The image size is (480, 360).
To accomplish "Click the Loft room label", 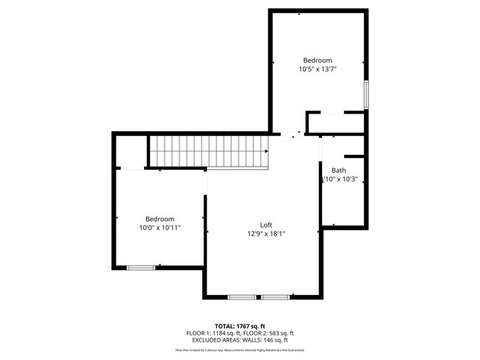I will (x=266, y=225).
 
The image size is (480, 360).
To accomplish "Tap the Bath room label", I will (x=338, y=170).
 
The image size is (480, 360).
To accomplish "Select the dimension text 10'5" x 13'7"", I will (x=318, y=69).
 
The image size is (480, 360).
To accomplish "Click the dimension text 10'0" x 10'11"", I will (x=160, y=228).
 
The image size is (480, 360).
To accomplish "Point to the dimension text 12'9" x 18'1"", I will (x=266, y=234).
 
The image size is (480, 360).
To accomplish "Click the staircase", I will (x=208, y=151).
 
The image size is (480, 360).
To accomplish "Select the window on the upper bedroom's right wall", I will (x=366, y=95).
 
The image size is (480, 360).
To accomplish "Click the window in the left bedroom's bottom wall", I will (x=140, y=267).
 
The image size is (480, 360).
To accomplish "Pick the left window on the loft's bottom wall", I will (x=241, y=297).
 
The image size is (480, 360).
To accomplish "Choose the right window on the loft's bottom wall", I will (x=275, y=297).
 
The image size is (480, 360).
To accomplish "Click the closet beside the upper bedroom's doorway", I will (x=336, y=123).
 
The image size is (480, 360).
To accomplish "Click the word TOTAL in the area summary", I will (x=224, y=325).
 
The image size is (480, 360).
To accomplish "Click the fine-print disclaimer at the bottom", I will (x=239, y=350).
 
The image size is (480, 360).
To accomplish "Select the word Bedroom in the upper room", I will (x=318, y=60).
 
